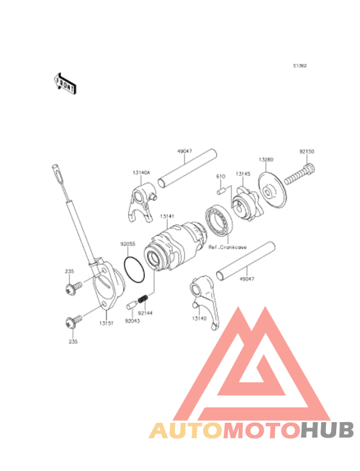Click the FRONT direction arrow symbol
64,82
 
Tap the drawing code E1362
300,66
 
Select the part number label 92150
307,152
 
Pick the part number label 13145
242,174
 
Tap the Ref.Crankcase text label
226,247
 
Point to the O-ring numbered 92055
134,270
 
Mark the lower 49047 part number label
248,280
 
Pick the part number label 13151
107,323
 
